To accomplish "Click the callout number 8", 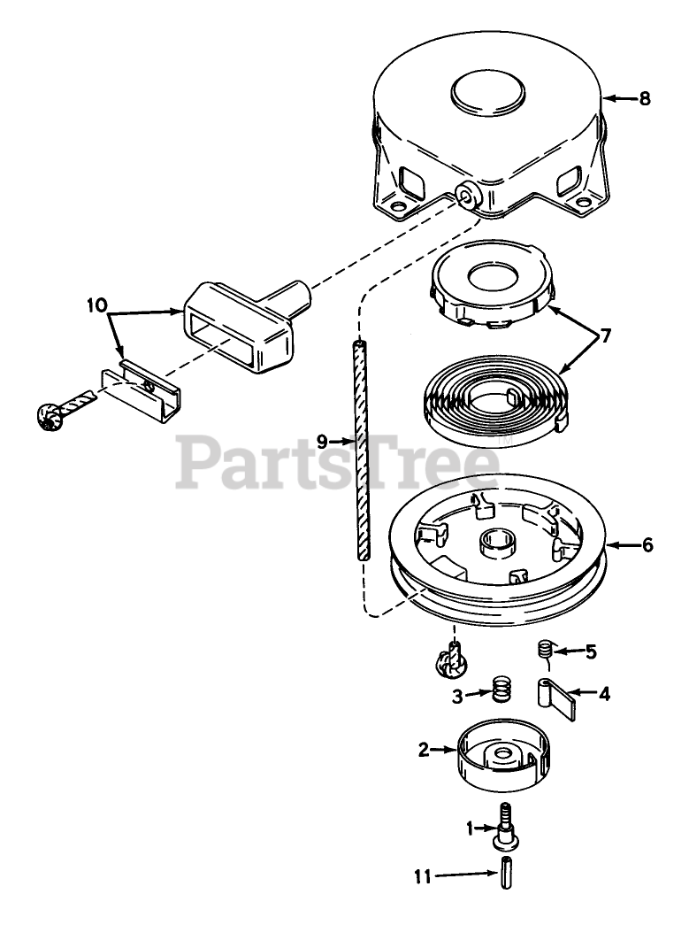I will [x=644, y=98].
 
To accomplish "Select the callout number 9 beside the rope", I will [x=322, y=440].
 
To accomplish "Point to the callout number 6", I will [x=647, y=545].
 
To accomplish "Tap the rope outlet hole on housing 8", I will [x=464, y=194].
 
